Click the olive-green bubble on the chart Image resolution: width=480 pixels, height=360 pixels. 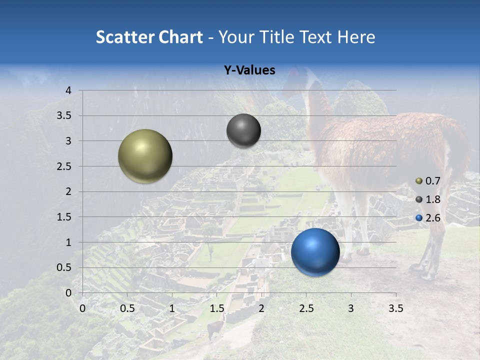click(x=145, y=156)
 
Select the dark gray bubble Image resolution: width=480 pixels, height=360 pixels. click(x=243, y=130)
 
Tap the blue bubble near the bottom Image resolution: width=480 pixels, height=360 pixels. click(x=315, y=252)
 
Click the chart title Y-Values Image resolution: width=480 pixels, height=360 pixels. click(x=249, y=70)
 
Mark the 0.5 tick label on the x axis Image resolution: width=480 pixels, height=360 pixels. click(x=127, y=308)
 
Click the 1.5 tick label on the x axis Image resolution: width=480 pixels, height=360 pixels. click(x=217, y=308)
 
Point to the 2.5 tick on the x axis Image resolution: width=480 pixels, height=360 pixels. click(x=306, y=308)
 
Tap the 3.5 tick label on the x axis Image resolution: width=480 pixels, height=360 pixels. click(x=395, y=308)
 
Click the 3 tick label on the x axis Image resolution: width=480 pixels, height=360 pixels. click(x=351, y=308)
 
